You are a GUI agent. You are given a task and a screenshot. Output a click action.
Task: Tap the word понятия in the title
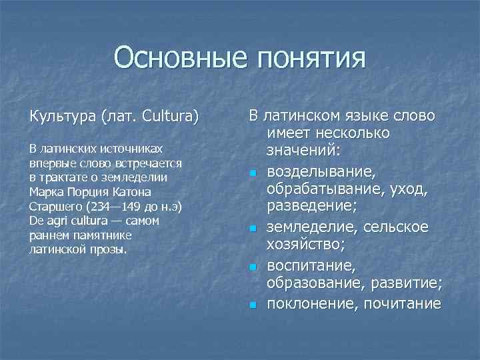[309, 58]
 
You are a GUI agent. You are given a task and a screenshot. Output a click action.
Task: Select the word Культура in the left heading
[63, 117]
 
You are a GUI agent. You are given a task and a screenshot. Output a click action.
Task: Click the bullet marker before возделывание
[253, 173]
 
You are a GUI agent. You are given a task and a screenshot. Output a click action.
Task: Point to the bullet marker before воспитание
[253, 267]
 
